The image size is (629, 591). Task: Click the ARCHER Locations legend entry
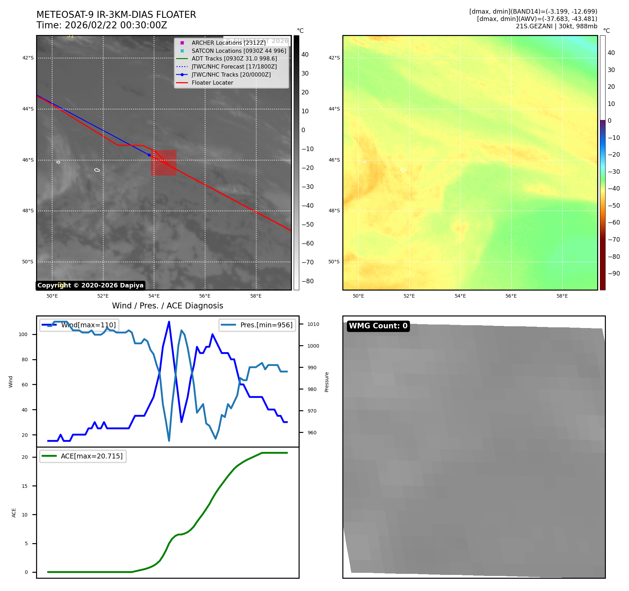pos(228,43)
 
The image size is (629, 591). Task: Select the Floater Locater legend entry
pos(212,83)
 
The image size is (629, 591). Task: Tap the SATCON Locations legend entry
pos(239,51)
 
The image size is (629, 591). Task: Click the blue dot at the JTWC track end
pos(149,155)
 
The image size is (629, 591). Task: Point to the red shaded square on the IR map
pos(163,163)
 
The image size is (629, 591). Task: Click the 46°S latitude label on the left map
pos(28,160)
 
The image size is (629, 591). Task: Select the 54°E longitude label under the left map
pos(154,296)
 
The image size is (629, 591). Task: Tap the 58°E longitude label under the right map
pos(562,296)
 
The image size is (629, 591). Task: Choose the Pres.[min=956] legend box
pos(257,325)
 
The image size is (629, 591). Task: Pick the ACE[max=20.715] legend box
pos(83,456)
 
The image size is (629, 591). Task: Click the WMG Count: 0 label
pos(378,326)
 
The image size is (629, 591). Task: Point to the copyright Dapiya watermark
pos(90,285)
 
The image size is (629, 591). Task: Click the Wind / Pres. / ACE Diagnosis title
pos(167,306)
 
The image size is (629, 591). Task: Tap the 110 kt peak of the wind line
pos(169,322)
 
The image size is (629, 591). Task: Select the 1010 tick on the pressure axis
pos(313,324)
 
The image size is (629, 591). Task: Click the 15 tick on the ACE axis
pos(25,486)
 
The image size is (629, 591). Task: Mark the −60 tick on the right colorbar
pos(614,222)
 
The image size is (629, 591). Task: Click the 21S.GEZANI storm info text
pos(556,26)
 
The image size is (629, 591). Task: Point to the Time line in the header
pos(102,25)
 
